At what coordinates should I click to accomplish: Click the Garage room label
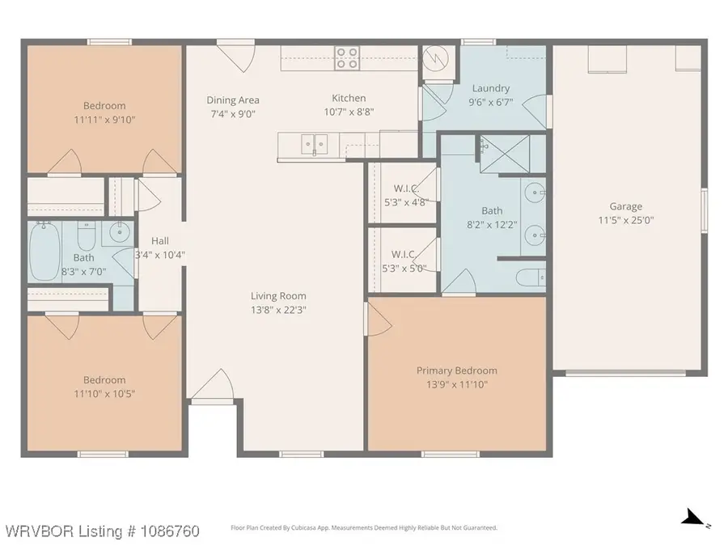tap(626, 206)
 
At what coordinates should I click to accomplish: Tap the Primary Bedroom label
tap(457, 370)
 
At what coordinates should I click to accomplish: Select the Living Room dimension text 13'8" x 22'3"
tap(278, 310)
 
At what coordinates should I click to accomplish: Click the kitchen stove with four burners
tap(347, 58)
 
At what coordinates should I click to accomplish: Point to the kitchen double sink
tap(315, 144)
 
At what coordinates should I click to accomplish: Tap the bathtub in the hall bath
tap(44, 252)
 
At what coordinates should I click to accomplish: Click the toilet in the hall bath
tap(87, 236)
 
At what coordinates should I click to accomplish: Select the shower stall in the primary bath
tap(505, 154)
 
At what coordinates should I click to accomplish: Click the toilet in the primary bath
tap(531, 277)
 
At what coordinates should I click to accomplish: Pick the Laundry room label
tap(491, 88)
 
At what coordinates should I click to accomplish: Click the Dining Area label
tap(233, 100)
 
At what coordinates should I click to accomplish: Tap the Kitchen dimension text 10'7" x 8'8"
tap(349, 112)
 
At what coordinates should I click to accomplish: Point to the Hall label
tap(159, 241)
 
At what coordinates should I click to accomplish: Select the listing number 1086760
tap(170, 531)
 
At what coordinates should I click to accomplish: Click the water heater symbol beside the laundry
tap(436, 57)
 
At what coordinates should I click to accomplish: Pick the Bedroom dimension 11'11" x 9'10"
tap(104, 120)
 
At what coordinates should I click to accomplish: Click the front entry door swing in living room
tap(213, 384)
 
